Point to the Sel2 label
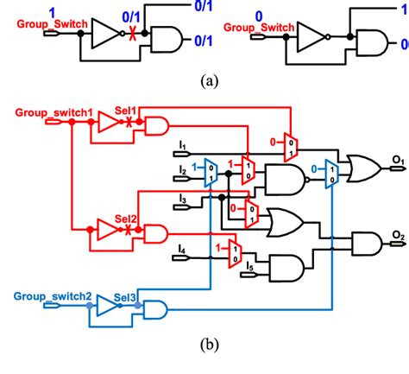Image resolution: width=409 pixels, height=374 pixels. click(126, 219)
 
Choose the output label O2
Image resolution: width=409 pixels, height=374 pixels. click(397, 235)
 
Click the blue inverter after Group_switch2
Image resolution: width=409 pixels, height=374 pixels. click(107, 305)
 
